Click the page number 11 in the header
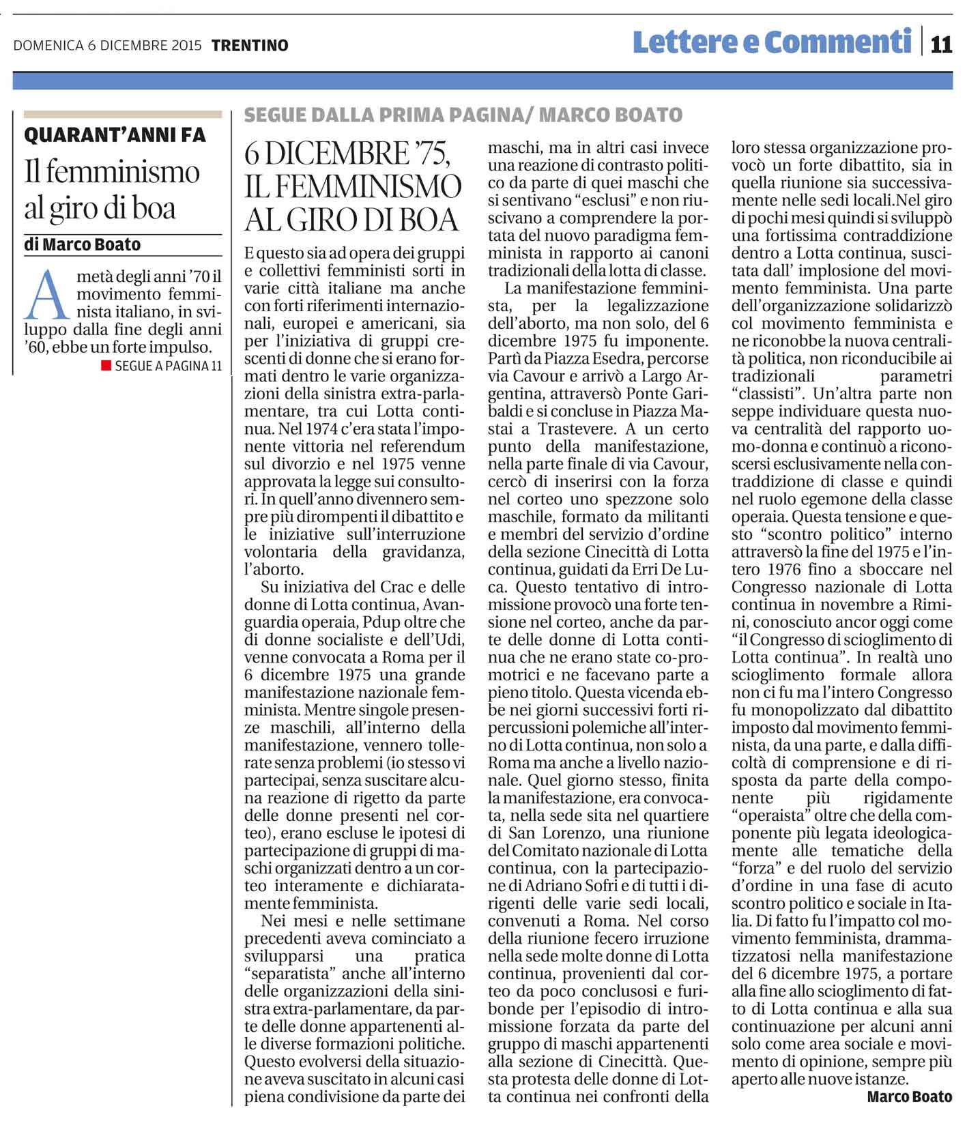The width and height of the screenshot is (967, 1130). (941, 44)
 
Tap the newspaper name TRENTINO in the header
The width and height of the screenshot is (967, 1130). (250, 46)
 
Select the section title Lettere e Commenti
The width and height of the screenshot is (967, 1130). (772, 42)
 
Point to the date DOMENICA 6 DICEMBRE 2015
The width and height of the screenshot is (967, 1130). (107, 46)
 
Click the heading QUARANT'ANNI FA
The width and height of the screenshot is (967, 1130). (115, 135)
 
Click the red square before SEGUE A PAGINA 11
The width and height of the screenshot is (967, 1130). (106, 366)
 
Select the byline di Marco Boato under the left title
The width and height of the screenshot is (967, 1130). (82, 244)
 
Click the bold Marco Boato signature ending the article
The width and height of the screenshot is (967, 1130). (909, 1097)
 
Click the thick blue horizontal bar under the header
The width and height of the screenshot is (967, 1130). (482, 81)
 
